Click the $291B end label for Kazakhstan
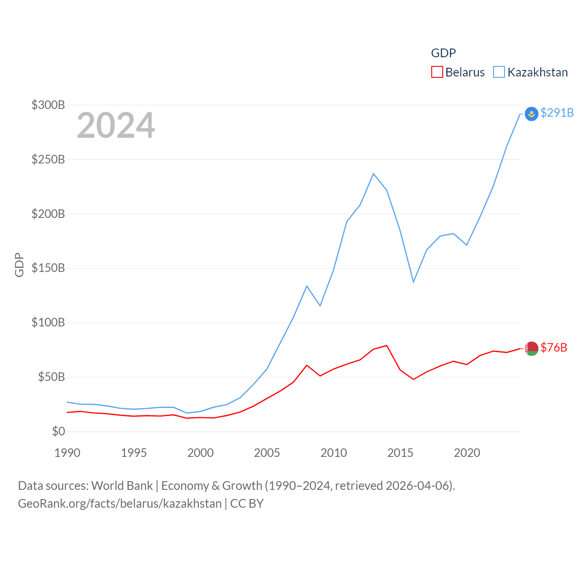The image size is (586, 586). (x=557, y=113)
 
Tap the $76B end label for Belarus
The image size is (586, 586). (x=553, y=347)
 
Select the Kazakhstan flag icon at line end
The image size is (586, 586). (x=531, y=114)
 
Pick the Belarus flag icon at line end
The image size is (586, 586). (x=532, y=348)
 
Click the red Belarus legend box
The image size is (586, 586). (x=437, y=72)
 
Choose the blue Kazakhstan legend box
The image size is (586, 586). (x=499, y=72)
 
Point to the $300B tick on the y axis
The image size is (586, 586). (x=48, y=105)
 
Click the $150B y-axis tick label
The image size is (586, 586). (x=48, y=268)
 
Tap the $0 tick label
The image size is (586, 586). (x=58, y=431)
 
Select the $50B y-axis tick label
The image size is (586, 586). (x=51, y=377)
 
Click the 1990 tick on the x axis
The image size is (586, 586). (x=67, y=453)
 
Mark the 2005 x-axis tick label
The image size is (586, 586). (x=267, y=453)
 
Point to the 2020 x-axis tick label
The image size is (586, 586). (x=467, y=453)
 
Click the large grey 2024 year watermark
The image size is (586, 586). (x=116, y=125)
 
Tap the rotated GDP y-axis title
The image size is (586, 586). (x=19, y=265)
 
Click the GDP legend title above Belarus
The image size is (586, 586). (x=443, y=53)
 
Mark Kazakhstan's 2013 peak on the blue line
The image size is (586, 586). (x=374, y=174)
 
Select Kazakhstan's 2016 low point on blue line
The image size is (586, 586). (x=413, y=282)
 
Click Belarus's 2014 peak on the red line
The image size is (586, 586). (x=387, y=346)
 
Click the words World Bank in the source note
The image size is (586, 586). (x=122, y=485)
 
